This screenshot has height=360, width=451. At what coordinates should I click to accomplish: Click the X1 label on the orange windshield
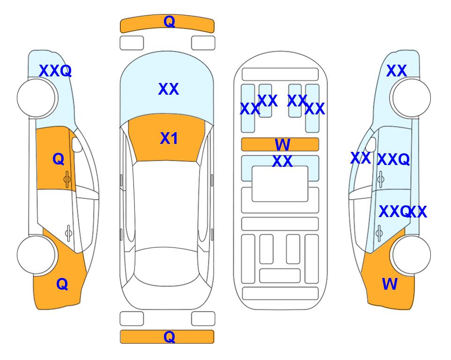coord(169,138)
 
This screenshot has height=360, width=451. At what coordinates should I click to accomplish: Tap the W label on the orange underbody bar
coord(282,144)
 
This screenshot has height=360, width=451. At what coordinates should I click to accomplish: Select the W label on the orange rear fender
coord(390,284)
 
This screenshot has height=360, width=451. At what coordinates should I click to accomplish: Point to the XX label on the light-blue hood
coord(169,89)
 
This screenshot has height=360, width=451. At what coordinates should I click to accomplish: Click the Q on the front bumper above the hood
coord(169,22)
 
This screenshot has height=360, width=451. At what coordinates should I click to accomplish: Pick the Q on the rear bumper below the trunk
coord(169,337)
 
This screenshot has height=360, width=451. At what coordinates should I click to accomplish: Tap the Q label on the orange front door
coord(59,159)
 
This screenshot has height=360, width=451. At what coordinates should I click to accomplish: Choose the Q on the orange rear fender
coord(62,284)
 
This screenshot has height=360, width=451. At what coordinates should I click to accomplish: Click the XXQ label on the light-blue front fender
coord(55,71)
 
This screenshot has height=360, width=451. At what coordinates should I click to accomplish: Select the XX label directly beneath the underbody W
coord(282,161)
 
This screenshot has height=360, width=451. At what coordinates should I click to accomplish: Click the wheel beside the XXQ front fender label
coord(37,98)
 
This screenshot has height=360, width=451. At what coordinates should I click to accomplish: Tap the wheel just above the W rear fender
coord(411,255)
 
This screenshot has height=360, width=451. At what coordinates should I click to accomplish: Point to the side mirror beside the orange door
coord(77,144)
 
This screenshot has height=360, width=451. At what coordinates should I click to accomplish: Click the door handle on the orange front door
coord(67,180)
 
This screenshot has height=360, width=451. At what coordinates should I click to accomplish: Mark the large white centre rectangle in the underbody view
coord(280,184)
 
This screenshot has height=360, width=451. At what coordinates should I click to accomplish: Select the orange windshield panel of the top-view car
coord(167,138)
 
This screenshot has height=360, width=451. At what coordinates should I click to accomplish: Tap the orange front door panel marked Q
coord(55,158)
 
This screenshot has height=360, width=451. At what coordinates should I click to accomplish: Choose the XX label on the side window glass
coord(361,158)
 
